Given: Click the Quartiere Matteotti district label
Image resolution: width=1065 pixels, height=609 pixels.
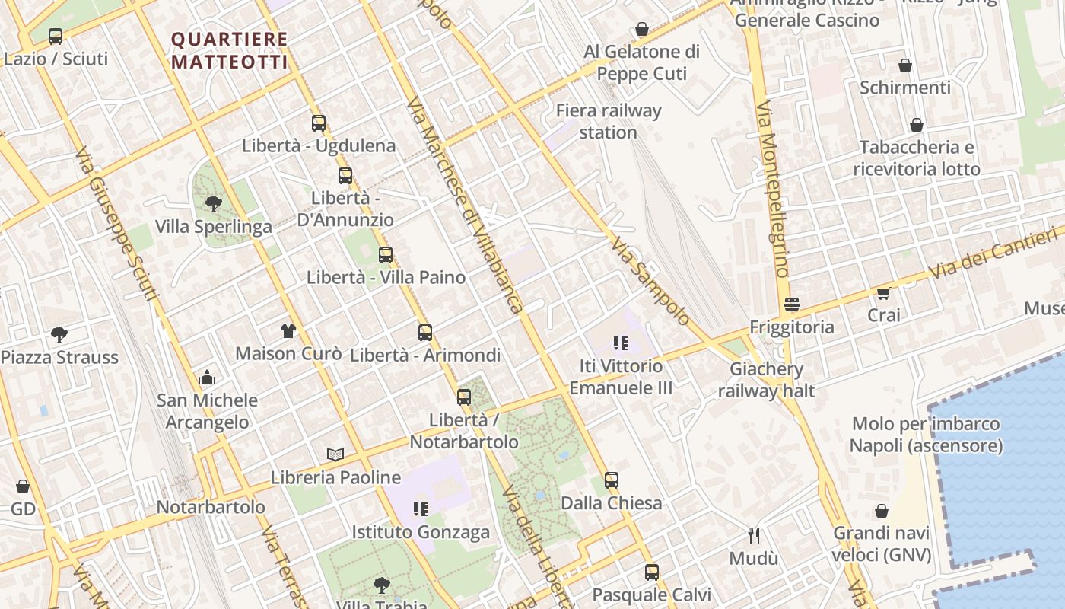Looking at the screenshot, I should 229,50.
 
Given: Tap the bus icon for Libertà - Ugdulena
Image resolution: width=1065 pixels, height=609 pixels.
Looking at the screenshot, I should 318,123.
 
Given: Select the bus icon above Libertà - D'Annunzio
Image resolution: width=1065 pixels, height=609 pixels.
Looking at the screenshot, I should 345,176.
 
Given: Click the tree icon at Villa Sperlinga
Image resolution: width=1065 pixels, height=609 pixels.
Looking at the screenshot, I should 214,203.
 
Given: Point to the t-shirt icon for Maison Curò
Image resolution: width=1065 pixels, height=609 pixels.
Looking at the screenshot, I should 288,330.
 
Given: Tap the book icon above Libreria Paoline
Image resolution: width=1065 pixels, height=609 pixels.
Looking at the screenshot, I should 335,454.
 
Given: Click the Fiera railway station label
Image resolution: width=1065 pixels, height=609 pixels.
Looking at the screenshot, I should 609,121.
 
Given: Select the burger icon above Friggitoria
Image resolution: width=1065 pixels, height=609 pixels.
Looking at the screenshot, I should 791,304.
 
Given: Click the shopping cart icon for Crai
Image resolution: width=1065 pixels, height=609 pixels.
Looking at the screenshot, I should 883,292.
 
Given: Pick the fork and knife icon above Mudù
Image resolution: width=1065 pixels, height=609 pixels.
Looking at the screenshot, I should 754,535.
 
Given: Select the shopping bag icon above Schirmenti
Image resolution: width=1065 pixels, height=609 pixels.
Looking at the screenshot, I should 905,65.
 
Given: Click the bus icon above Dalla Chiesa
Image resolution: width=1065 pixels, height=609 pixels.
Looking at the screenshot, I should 612,480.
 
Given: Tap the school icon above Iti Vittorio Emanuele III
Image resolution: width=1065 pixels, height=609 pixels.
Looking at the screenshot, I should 620,343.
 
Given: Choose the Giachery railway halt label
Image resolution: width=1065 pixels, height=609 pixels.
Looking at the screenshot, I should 766,380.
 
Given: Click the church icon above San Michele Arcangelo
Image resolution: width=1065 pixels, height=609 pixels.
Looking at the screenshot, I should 207,378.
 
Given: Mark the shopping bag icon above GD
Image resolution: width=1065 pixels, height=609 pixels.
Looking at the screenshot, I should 23,486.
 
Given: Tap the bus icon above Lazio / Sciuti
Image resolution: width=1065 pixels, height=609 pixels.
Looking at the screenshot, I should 56,36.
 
